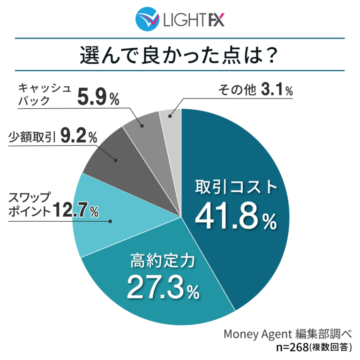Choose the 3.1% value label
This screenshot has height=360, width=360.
pos(277,89)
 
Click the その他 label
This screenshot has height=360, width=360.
pos(237,90)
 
